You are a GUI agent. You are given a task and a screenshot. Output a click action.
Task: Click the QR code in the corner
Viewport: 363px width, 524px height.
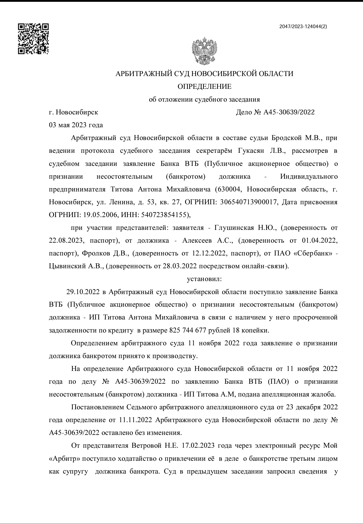coord(33,39)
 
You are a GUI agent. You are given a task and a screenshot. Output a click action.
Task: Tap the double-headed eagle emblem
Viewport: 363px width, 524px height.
coord(204,51)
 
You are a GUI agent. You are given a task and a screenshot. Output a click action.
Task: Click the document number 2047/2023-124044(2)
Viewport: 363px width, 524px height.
coord(303,27)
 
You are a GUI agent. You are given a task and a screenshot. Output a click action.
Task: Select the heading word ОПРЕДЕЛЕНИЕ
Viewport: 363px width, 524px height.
coord(204,87)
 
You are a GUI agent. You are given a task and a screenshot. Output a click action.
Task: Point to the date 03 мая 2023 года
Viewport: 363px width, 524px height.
coord(76,125)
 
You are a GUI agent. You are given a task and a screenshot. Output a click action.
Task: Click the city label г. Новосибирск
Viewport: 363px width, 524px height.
coord(74,112)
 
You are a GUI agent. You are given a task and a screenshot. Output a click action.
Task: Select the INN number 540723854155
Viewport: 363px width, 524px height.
coord(163,215)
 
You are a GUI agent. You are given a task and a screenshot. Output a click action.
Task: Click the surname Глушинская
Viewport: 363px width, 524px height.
coord(234,228)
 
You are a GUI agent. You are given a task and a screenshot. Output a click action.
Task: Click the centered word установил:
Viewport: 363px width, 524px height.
coord(204,279)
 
